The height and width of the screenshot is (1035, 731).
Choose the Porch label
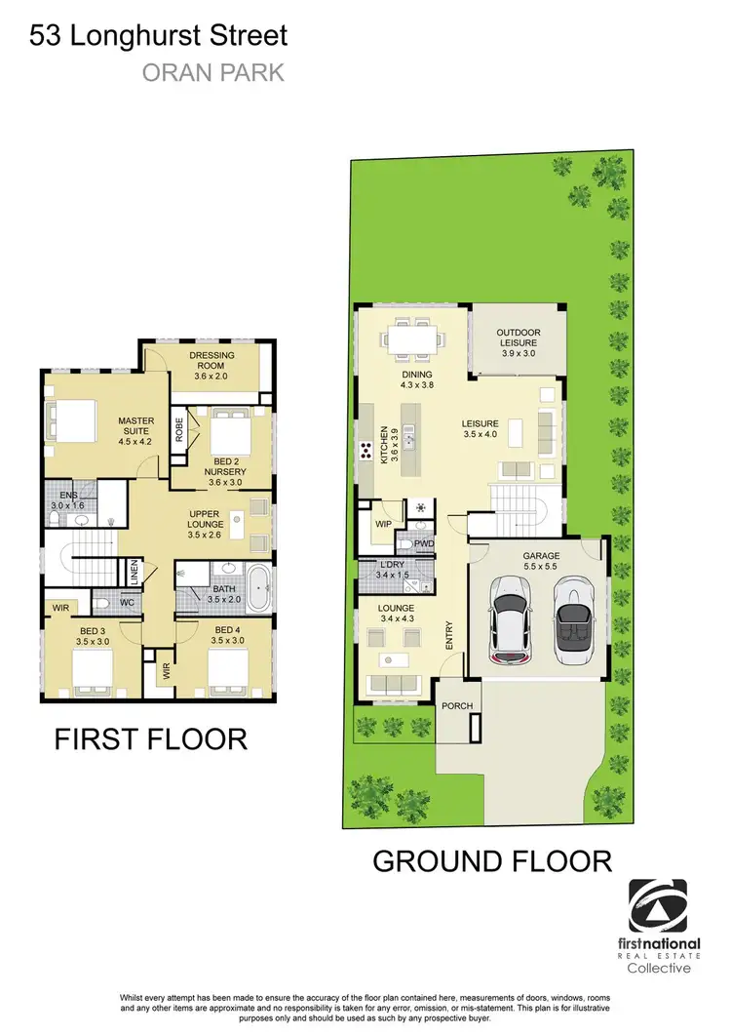click(x=455, y=705)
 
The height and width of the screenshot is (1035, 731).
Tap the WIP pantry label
click(x=384, y=524)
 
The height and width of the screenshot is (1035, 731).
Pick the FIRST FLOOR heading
click(x=151, y=739)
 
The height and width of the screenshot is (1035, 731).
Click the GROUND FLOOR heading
click(x=492, y=861)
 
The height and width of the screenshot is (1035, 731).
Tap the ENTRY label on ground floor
click(x=449, y=635)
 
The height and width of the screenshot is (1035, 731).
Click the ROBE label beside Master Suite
click(x=179, y=430)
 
